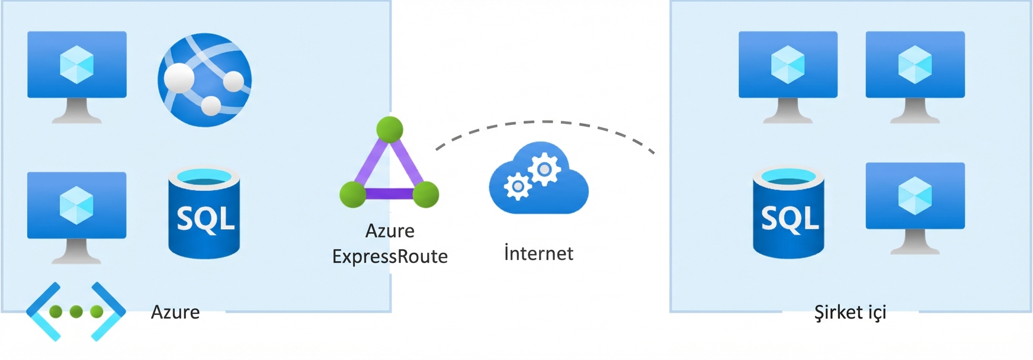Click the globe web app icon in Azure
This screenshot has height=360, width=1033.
[x=204, y=79]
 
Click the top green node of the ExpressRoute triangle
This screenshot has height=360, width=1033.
[x=389, y=129]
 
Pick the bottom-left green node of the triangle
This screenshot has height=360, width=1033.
[x=353, y=194]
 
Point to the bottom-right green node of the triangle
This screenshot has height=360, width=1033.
[x=425, y=194]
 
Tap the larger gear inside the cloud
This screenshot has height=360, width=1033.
[x=544, y=169]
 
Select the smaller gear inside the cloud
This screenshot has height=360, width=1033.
[x=517, y=187]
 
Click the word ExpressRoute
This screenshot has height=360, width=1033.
[x=390, y=256]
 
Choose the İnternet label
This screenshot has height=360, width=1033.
[x=538, y=253]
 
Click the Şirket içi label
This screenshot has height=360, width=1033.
[x=850, y=312]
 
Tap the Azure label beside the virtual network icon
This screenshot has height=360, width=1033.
[x=175, y=312]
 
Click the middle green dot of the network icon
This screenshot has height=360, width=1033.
[x=76, y=311]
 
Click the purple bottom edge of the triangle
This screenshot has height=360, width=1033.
[x=389, y=194]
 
